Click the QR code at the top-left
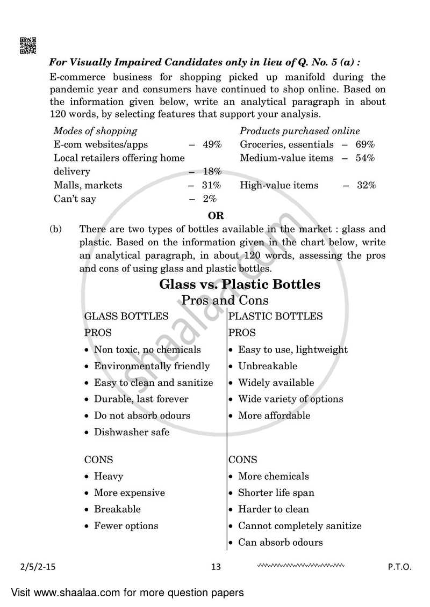point(28,45)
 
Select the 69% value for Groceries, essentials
point(365,144)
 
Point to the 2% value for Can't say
point(210,199)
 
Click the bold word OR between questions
point(216,216)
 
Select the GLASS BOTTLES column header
point(126,316)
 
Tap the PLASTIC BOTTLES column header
point(276,316)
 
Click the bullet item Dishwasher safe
point(132,432)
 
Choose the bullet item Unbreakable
point(268,366)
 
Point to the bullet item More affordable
point(274,415)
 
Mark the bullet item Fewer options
point(126,525)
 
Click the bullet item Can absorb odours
point(281,542)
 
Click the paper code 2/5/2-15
point(33,567)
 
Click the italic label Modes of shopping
point(95,131)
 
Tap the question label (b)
point(56,229)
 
